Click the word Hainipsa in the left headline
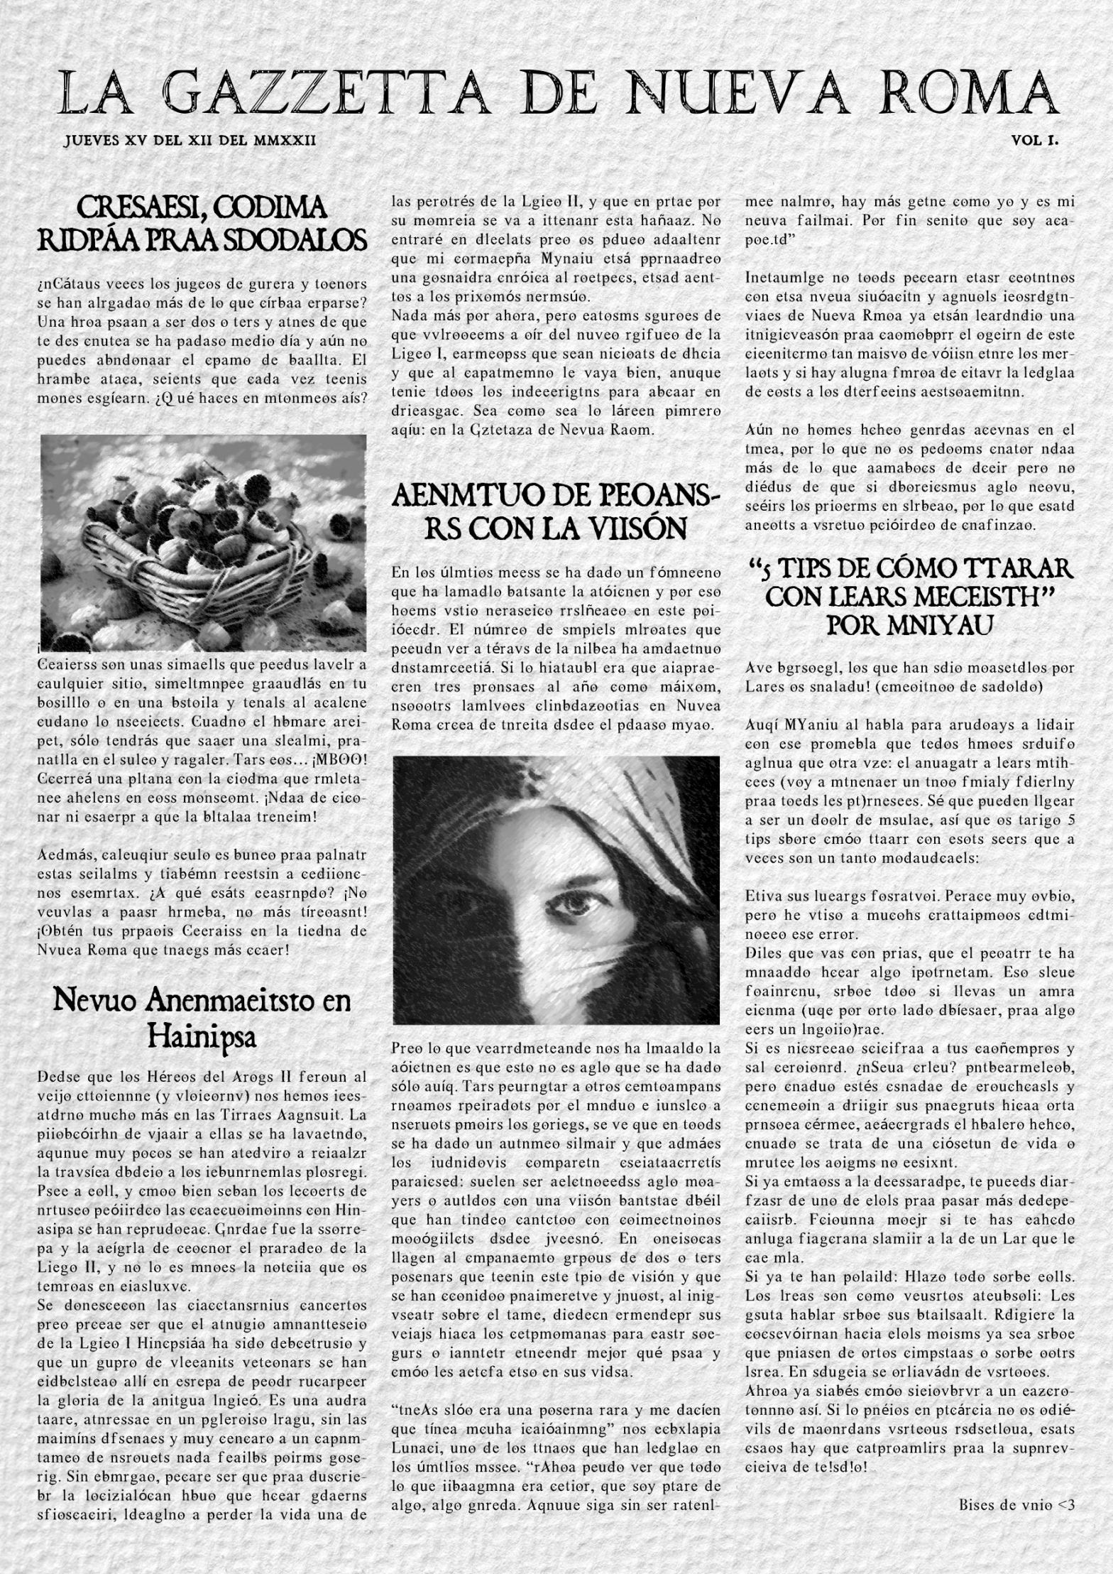point(202,1037)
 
